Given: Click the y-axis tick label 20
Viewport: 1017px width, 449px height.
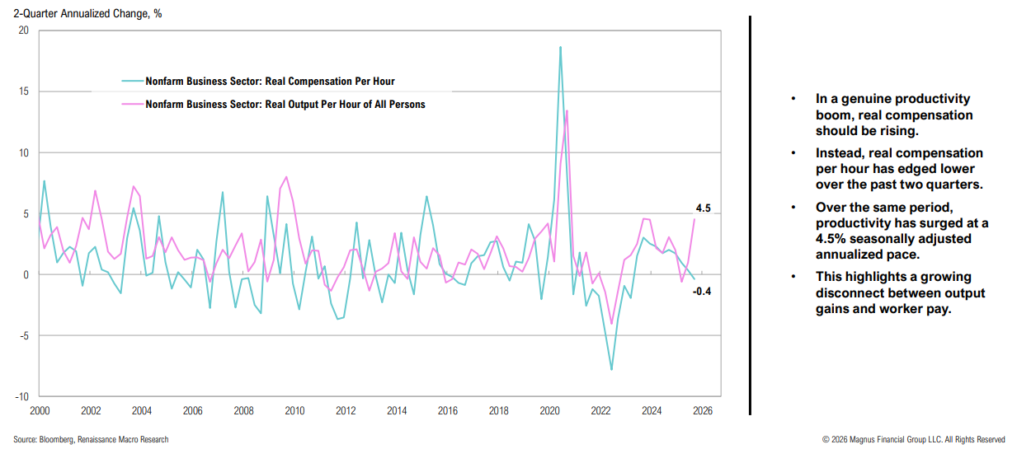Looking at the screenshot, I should tap(23, 30).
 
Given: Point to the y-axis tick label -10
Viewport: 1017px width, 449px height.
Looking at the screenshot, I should tap(21, 396).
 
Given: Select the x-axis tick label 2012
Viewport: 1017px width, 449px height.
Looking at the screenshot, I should tap(346, 410).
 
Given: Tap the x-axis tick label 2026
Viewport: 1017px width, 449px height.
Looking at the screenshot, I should tap(702, 410).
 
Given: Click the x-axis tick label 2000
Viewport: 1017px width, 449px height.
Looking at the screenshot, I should tap(40, 410).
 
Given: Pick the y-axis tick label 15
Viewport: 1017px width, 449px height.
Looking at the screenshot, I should tap(23, 91).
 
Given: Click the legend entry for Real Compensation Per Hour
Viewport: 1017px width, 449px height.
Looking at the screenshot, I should tap(270, 82).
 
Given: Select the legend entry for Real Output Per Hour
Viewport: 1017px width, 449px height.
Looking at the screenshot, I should tap(285, 105).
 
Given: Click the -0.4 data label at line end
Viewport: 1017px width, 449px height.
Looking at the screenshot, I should tap(703, 291).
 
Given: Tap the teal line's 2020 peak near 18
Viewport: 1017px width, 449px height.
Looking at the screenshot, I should tap(560, 48).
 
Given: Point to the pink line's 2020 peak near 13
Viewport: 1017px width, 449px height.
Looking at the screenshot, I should tap(567, 110).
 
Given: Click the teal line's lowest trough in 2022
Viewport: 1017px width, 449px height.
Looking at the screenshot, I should tap(611, 369).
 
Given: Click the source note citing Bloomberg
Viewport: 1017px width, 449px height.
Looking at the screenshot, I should tap(91, 439).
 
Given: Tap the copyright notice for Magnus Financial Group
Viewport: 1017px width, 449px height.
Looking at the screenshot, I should tap(913, 439).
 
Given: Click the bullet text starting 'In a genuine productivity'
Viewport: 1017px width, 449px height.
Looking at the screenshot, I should tap(894, 115).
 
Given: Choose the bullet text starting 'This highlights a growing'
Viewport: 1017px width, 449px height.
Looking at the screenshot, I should tap(900, 293).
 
